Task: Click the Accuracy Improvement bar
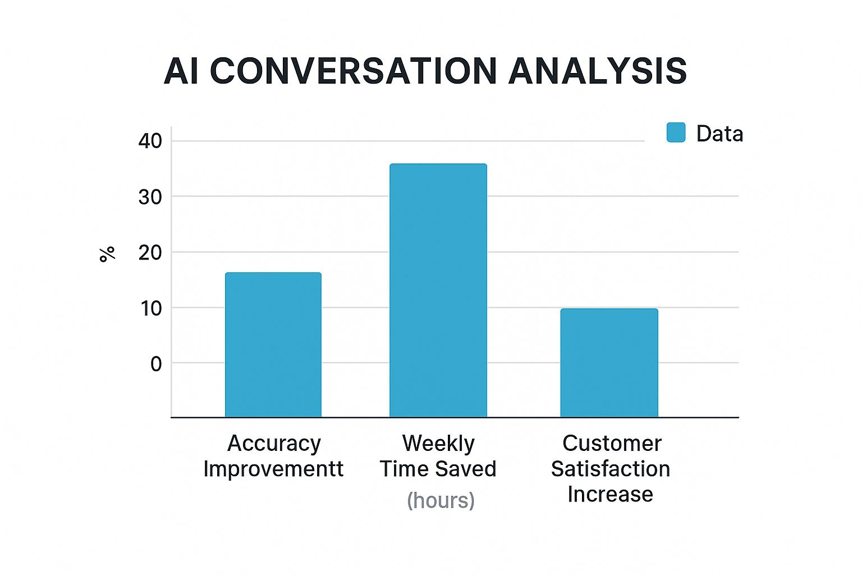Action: tap(273, 344)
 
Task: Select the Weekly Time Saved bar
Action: tap(438, 290)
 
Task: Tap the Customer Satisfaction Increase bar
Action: tap(609, 362)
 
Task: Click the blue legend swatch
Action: tap(676, 133)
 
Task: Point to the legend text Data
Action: tap(719, 134)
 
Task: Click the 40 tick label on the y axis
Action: tap(150, 141)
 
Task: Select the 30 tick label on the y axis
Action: tap(150, 197)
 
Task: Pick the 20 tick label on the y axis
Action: tap(150, 253)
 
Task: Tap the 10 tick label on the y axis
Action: tap(150, 308)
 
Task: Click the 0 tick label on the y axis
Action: tap(156, 364)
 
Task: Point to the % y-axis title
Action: tap(107, 254)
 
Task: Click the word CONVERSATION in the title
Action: tap(354, 71)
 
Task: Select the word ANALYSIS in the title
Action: tap(597, 71)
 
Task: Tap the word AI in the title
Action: tap(181, 71)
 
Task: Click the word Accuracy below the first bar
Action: tap(274, 444)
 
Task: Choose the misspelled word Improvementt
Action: tap(273, 469)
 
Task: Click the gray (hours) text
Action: tap(441, 500)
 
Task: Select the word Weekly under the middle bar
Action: tap(438, 444)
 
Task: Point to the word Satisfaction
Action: tap(611, 469)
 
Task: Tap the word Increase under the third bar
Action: tap(610, 494)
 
